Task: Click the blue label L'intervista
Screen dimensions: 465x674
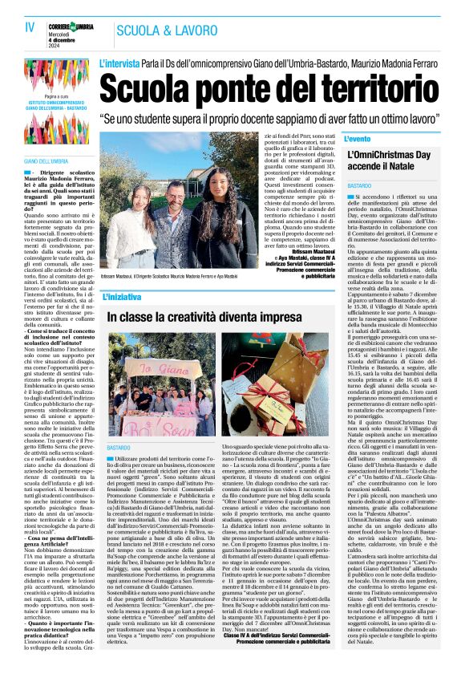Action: [x=118, y=63]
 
